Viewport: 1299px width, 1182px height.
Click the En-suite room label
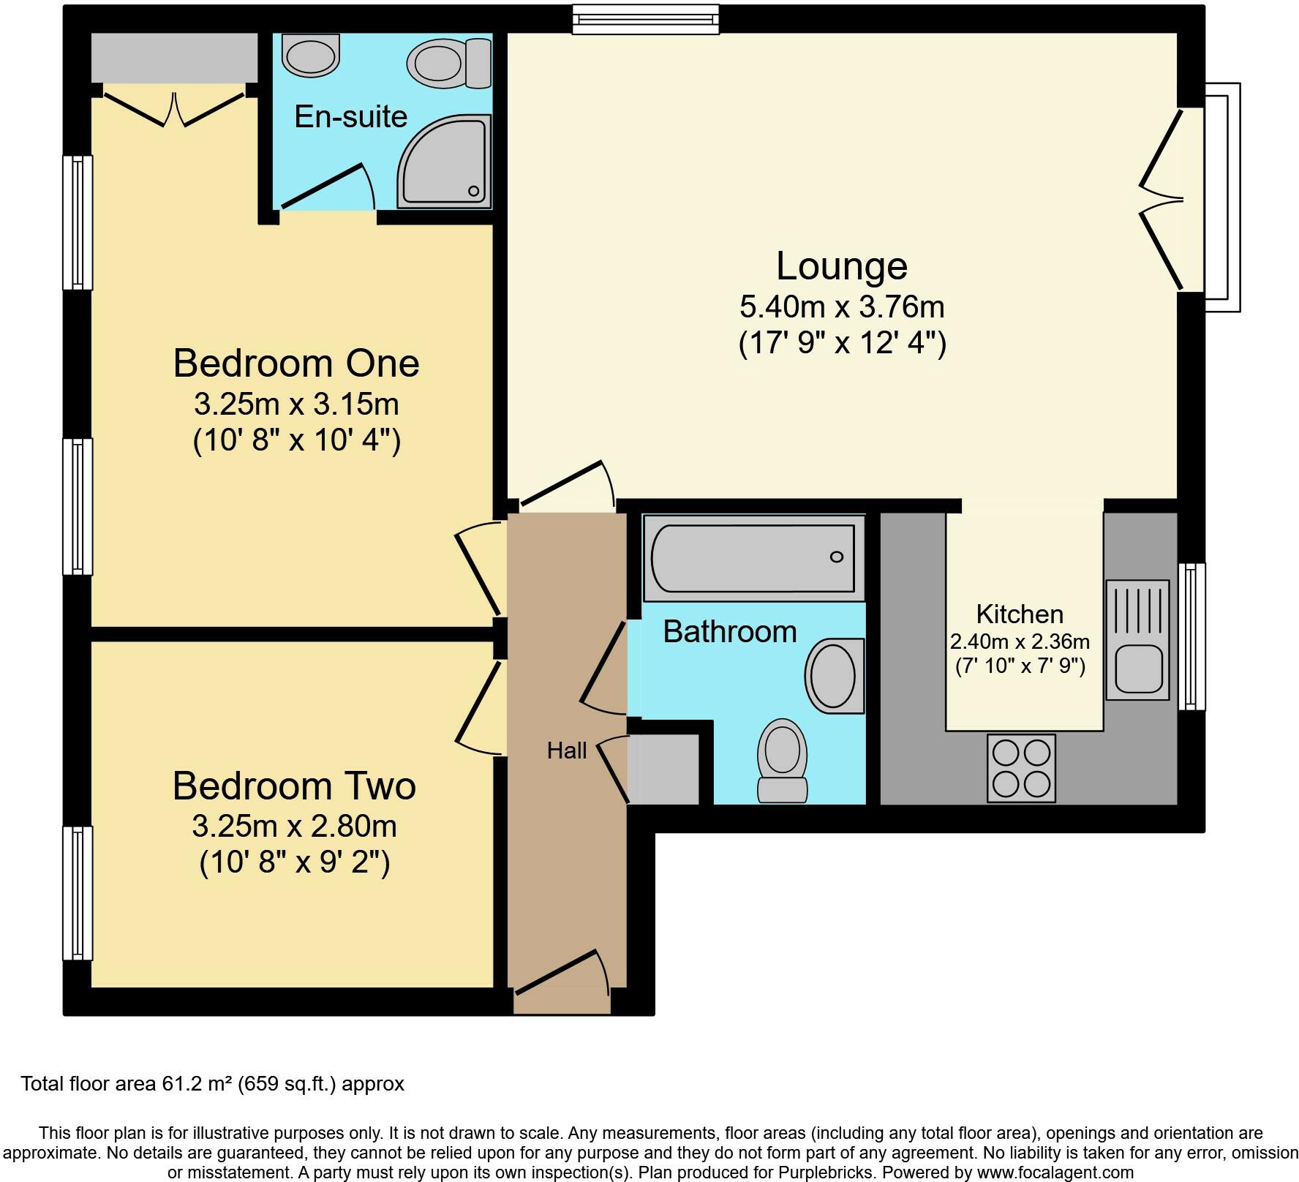(x=350, y=117)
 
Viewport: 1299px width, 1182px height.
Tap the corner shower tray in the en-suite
(x=445, y=161)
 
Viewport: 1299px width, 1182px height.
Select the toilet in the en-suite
(x=449, y=63)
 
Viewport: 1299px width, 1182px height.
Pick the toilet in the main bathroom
(x=783, y=761)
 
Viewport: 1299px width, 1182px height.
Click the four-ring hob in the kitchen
(x=1021, y=768)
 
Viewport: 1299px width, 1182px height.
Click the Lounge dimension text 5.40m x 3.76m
(x=842, y=307)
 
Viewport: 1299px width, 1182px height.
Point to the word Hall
(x=567, y=750)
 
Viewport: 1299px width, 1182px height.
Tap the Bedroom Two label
(x=294, y=786)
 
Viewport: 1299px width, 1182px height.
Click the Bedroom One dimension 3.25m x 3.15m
(x=296, y=404)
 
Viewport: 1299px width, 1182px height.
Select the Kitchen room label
(x=1020, y=614)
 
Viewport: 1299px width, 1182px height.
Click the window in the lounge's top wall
(x=646, y=19)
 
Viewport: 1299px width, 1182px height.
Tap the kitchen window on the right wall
(x=1191, y=636)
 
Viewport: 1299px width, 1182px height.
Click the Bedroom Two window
(x=78, y=892)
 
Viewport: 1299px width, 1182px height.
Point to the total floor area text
(x=212, y=1083)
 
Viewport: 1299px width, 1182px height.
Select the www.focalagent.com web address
(x=1046, y=1172)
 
